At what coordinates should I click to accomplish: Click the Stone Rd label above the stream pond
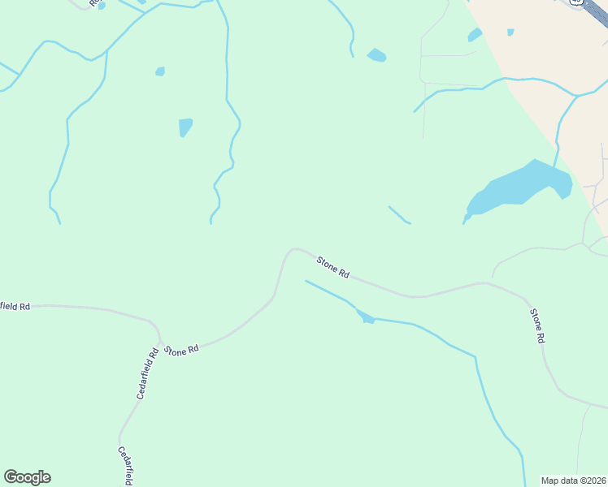332,267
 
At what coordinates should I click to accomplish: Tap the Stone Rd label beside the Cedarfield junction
181,351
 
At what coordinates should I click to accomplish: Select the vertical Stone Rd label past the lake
536,325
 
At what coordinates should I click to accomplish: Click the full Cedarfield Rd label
146,373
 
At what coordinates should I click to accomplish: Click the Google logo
27,477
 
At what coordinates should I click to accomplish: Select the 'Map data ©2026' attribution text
574,481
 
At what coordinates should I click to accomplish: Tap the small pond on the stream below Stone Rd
365,317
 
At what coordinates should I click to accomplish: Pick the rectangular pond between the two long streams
185,127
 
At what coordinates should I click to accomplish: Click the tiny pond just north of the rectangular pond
160,71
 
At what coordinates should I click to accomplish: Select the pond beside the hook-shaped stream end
376,55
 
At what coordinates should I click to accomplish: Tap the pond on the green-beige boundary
475,35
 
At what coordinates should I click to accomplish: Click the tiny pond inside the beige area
510,32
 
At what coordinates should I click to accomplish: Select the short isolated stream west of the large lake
399,215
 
